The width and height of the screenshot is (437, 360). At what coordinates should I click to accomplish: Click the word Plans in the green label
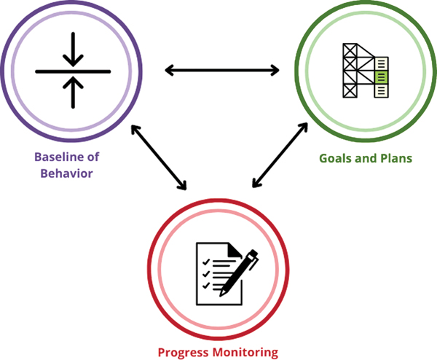point(395,157)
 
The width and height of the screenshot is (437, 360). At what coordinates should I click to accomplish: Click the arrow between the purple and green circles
point(222,70)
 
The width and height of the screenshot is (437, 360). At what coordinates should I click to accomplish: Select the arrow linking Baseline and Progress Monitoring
point(159,157)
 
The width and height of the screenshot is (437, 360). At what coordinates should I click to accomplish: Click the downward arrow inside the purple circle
point(73,51)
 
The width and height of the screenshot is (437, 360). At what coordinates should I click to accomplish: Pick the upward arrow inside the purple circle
point(73,91)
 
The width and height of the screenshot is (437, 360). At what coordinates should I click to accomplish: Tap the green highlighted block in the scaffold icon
point(380,75)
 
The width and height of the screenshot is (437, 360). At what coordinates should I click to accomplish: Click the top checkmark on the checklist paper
point(205,261)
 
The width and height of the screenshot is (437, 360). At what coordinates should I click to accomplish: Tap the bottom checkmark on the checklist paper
point(205,286)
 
